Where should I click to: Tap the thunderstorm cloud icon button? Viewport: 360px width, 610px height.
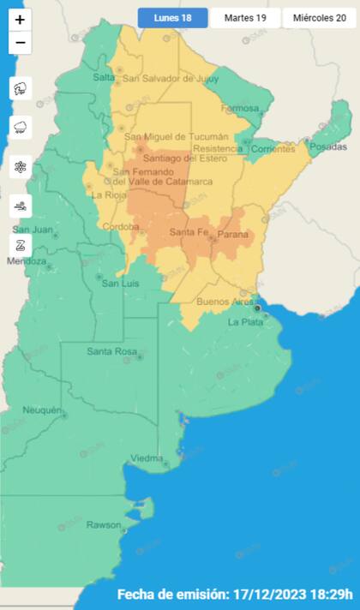[x=21, y=88]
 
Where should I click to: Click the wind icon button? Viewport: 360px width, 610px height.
[x=21, y=206]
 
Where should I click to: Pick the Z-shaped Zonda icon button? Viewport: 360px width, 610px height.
[x=21, y=244]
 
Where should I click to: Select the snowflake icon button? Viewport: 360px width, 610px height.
[x=21, y=166]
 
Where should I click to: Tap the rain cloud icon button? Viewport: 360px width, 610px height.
[x=21, y=128]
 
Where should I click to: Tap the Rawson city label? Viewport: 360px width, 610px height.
[x=103, y=524]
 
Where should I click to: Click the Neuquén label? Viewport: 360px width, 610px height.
[x=42, y=410]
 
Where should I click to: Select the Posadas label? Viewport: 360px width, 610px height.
[x=328, y=147]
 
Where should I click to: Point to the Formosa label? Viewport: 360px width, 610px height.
[x=239, y=108]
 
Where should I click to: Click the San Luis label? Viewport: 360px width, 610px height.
[x=119, y=284]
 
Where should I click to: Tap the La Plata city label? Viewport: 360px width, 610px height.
[x=245, y=322]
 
